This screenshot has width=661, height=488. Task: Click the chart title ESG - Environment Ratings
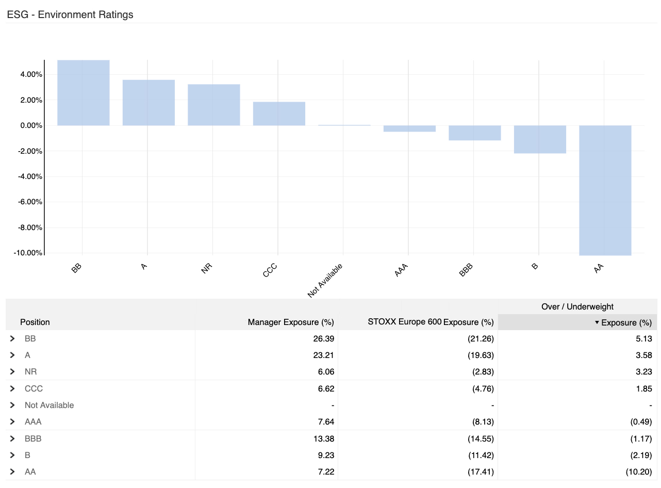(x=70, y=15)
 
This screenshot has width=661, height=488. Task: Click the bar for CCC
(x=279, y=113)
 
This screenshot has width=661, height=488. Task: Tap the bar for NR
(x=213, y=105)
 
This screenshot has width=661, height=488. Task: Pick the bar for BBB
(x=474, y=133)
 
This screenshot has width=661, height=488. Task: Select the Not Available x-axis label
(x=325, y=280)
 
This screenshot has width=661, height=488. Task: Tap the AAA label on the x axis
(x=402, y=270)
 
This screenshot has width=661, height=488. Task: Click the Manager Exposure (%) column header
(x=291, y=322)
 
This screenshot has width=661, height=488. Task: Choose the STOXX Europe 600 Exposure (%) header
(x=431, y=322)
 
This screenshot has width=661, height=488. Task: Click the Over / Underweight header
(x=577, y=306)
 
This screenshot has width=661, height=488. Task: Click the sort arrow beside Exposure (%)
(x=597, y=322)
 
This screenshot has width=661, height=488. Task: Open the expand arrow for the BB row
(x=12, y=339)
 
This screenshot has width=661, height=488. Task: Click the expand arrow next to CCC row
(x=12, y=388)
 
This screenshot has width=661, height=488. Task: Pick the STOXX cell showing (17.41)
(x=482, y=471)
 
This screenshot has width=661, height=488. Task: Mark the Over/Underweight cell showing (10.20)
(x=639, y=471)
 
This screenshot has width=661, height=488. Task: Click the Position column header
(x=35, y=322)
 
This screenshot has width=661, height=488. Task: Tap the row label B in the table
(x=27, y=455)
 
